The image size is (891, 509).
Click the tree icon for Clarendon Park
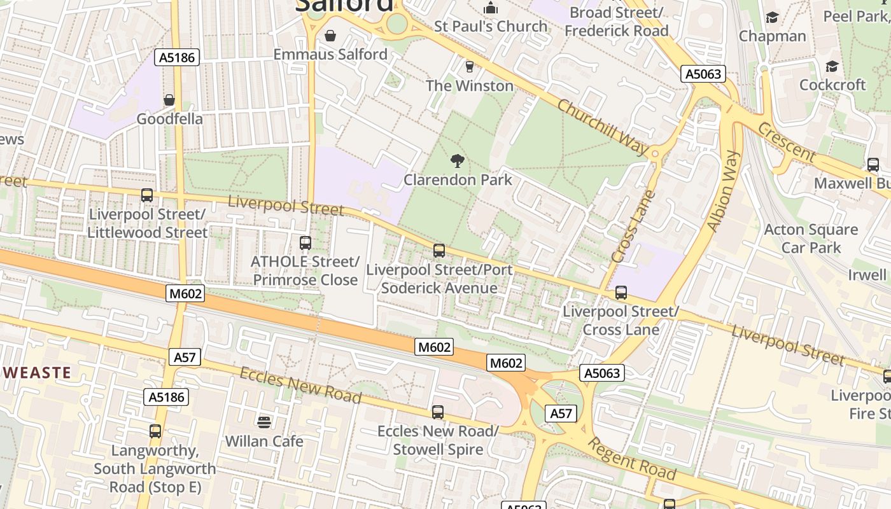click(x=457, y=160)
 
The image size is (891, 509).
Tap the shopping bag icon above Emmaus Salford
click(x=330, y=35)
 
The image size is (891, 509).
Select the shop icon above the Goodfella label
click(x=169, y=100)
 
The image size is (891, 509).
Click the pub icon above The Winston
click(x=470, y=66)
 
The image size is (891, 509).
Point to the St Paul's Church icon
click(x=491, y=8)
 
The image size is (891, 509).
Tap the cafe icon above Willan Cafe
click(x=263, y=422)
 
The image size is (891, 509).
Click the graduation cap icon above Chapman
click(x=772, y=17)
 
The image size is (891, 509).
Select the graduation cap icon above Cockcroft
click(x=832, y=66)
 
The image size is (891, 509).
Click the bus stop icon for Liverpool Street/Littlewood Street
click(x=147, y=195)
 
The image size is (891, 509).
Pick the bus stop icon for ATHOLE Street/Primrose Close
click(x=305, y=242)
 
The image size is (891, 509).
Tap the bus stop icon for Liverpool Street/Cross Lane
click(x=621, y=293)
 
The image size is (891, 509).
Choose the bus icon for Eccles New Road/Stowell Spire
click(x=437, y=412)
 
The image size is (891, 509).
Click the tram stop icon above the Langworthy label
click(x=155, y=431)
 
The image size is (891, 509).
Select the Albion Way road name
click(x=724, y=191)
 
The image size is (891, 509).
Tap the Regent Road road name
click(x=631, y=459)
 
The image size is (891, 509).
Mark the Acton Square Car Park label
click(x=811, y=239)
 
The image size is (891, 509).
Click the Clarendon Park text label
click(x=458, y=180)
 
